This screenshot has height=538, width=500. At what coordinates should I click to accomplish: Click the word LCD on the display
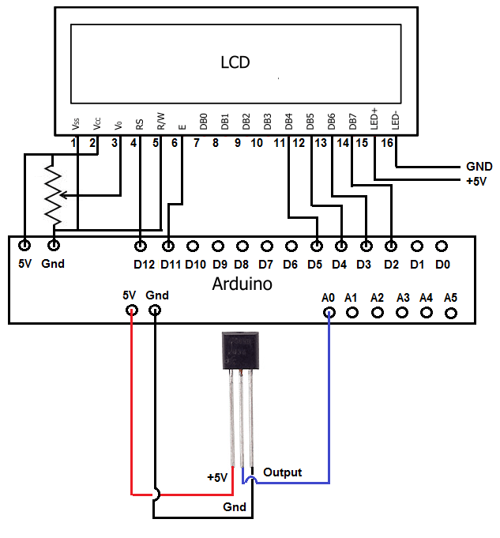tap(235, 62)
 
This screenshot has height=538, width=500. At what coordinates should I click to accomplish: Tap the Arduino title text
tap(242, 284)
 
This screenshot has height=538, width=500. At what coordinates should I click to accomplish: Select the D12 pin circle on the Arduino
tap(141, 246)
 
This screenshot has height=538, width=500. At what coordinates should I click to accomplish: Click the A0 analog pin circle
tap(329, 312)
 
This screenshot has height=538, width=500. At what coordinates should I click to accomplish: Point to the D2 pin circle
tap(390, 246)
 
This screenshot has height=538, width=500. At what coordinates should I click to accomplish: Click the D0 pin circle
tap(442, 246)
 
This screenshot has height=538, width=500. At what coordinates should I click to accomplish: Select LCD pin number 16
tap(386, 143)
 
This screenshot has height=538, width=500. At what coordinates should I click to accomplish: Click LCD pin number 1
tap(73, 143)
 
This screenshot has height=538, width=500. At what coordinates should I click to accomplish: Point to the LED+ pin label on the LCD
tap(374, 119)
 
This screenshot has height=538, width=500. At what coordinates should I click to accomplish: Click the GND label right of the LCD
tap(479, 167)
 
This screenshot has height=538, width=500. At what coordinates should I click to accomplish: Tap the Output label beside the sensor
tap(283, 472)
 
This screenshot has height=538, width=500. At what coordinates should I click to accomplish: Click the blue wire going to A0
tap(329, 411)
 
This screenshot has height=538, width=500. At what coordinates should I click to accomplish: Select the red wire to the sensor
tap(130, 411)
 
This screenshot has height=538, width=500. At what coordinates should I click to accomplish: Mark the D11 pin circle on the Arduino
tap(167, 246)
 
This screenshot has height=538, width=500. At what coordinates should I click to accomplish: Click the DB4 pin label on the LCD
tap(289, 122)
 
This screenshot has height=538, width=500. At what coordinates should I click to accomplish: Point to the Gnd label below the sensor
tap(235, 506)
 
